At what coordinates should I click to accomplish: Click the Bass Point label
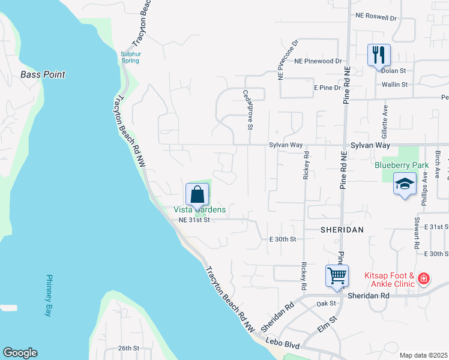pyautogui.click(x=43, y=75)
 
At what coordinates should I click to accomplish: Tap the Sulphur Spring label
pyautogui.click(x=130, y=56)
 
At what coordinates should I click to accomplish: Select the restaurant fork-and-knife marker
pyautogui.click(x=379, y=55)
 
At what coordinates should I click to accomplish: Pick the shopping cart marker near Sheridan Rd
pyautogui.click(x=337, y=276)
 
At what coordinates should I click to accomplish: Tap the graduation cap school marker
pyautogui.click(x=405, y=183)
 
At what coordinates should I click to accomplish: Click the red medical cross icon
pyautogui.click(x=424, y=279)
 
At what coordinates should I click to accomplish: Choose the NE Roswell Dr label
pyautogui.click(x=376, y=17)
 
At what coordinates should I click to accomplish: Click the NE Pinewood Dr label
pyautogui.click(x=318, y=61)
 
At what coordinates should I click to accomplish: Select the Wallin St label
pyautogui.click(x=394, y=85)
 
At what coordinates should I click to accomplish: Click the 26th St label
pyautogui.click(x=128, y=348)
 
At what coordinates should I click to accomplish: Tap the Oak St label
pyautogui.click(x=327, y=304)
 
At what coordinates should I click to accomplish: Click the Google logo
pyautogui.click(x=20, y=353)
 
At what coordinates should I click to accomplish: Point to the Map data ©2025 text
pyautogui.click(x=423, y=355)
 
